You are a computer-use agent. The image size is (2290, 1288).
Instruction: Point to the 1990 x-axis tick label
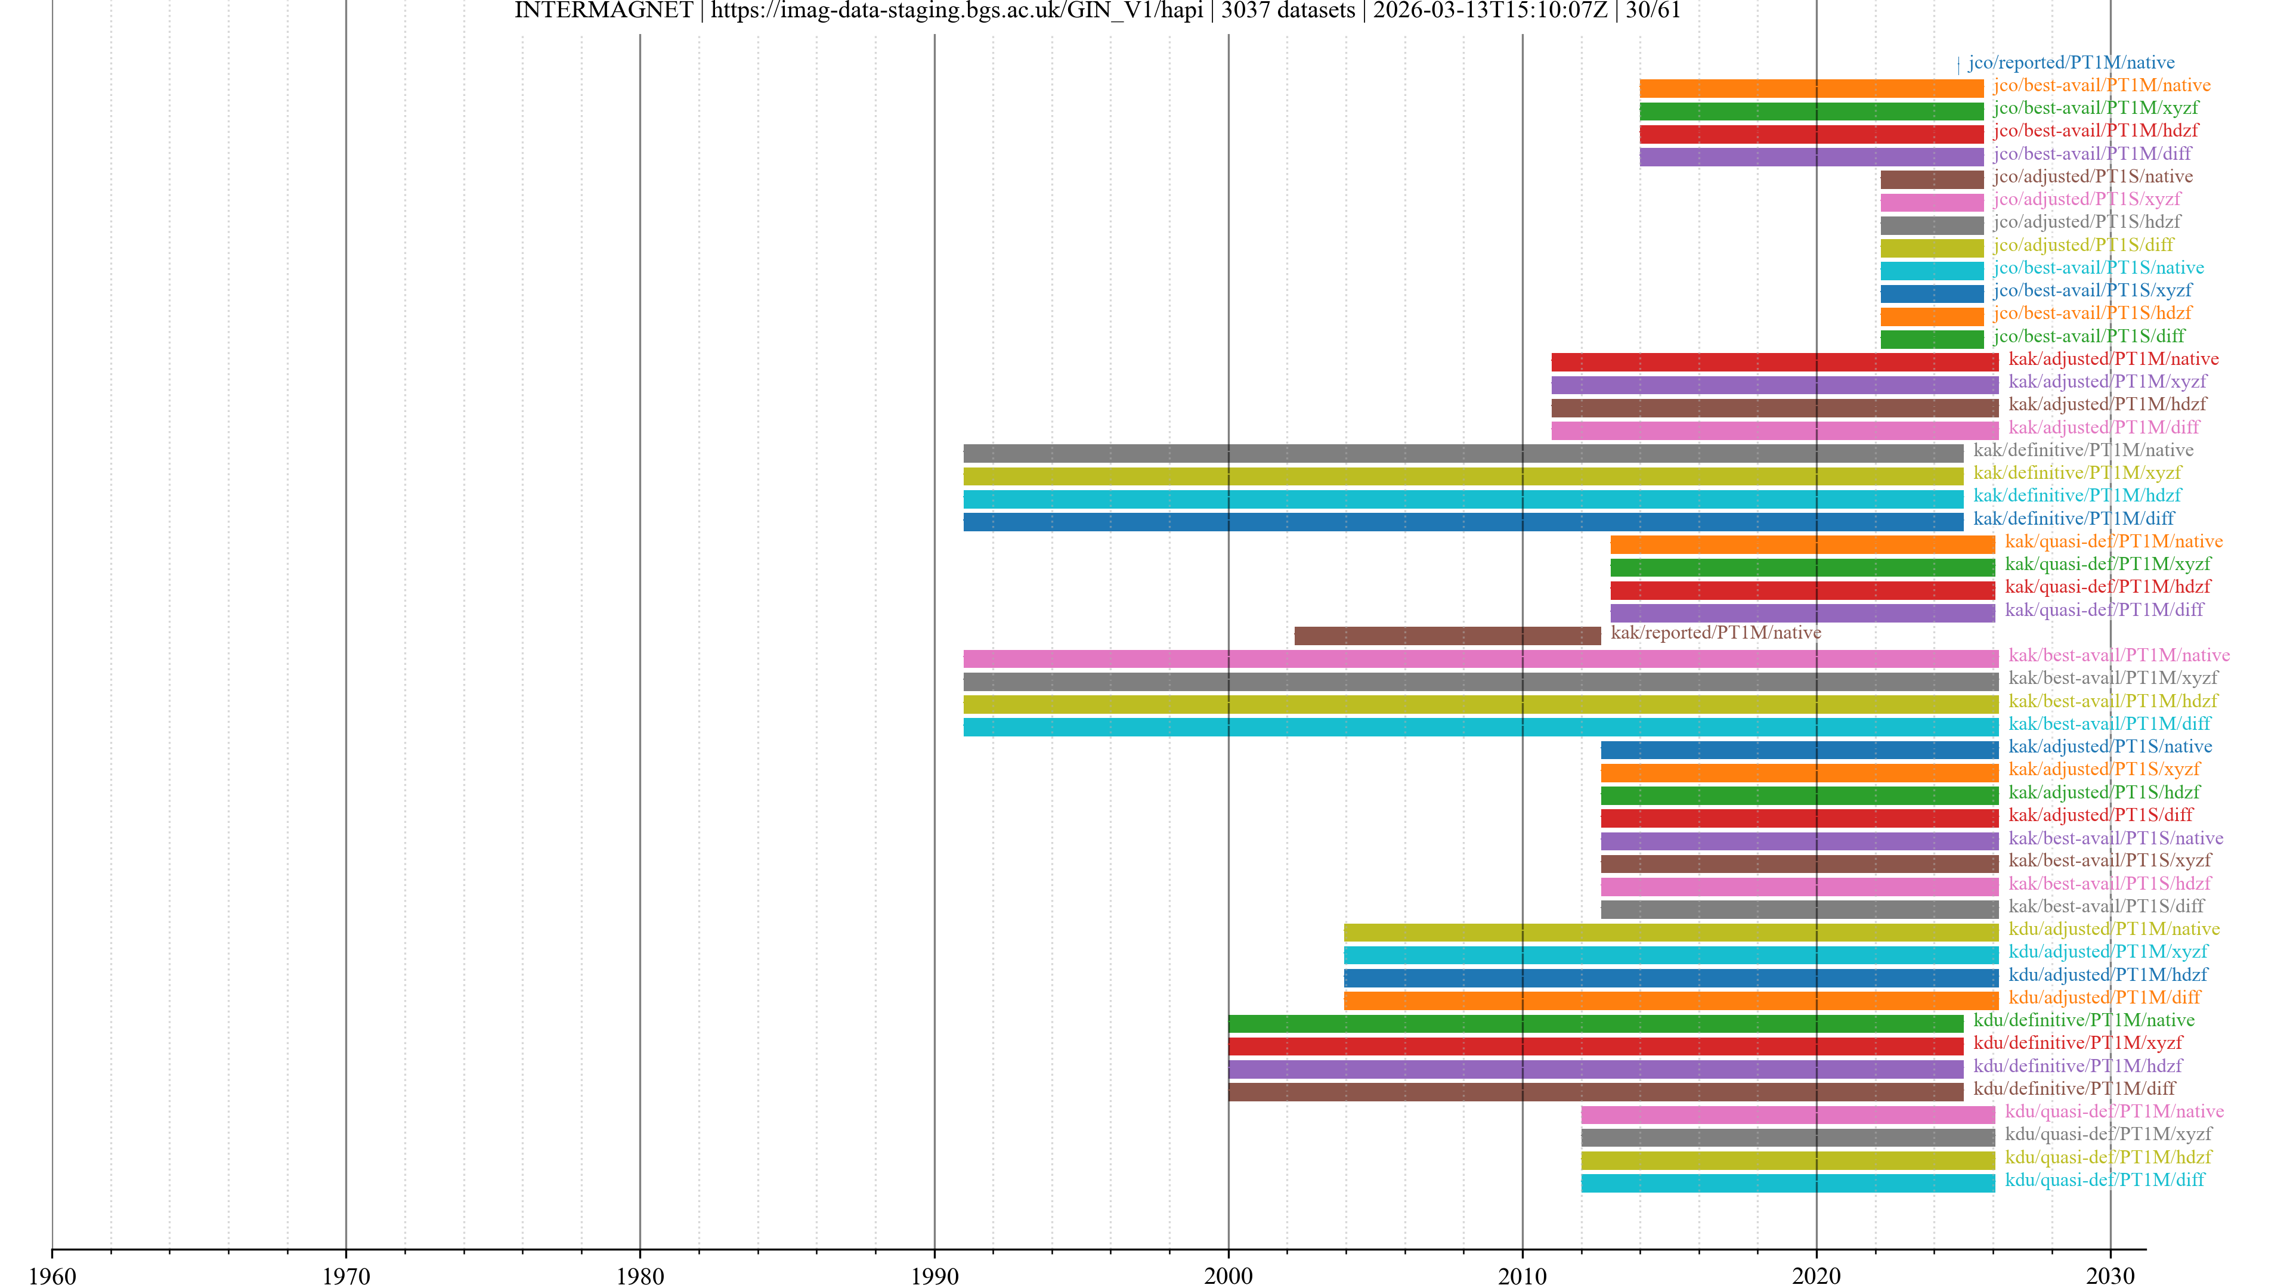(x=934, y=1275)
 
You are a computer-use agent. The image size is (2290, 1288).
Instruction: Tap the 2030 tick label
(x=2110, y=1275)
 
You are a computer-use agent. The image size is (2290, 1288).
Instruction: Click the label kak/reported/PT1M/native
(x=1716, y=632)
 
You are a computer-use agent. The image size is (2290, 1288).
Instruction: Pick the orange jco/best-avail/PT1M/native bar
(x=1811, y=88)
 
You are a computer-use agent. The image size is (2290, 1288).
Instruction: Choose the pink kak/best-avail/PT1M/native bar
(x=1480, y=659)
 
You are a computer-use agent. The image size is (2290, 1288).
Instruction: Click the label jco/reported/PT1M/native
(x=2071, y=62)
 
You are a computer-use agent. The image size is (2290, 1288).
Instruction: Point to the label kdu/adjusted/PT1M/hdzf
(x=2107, y=974)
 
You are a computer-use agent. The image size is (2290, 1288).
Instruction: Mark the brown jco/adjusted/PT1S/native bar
(x=1931, y=179)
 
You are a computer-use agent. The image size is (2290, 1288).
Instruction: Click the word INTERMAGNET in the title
(x=603, y=11)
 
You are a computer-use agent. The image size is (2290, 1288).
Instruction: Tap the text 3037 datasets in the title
(x=1288, y=11)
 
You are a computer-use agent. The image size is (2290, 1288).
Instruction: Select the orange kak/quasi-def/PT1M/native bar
(x=1802, y=545)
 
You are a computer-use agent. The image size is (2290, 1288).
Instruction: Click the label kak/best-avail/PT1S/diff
(x=2106, y=906)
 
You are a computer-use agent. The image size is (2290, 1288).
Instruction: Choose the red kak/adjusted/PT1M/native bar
(x=1774, y=362)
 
